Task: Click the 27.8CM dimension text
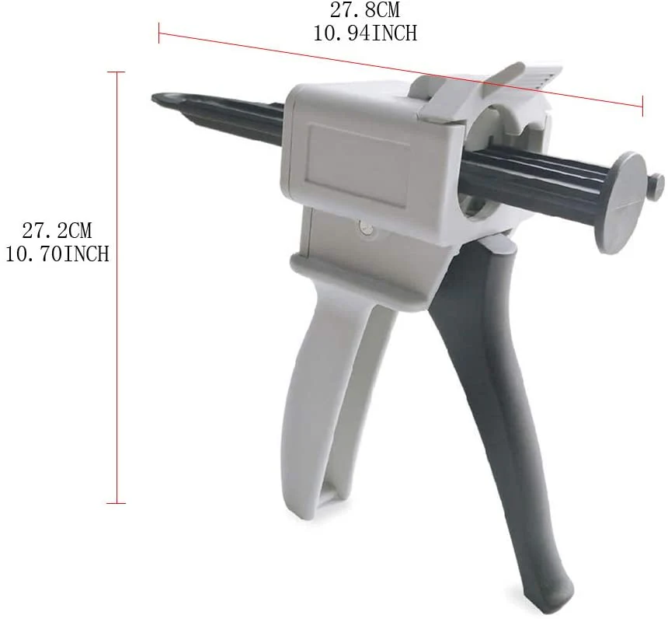tap(365, 10)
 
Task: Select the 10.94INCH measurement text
tap(365, 33)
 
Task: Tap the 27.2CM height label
tap(57, 230)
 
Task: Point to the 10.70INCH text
tap(57, 254)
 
